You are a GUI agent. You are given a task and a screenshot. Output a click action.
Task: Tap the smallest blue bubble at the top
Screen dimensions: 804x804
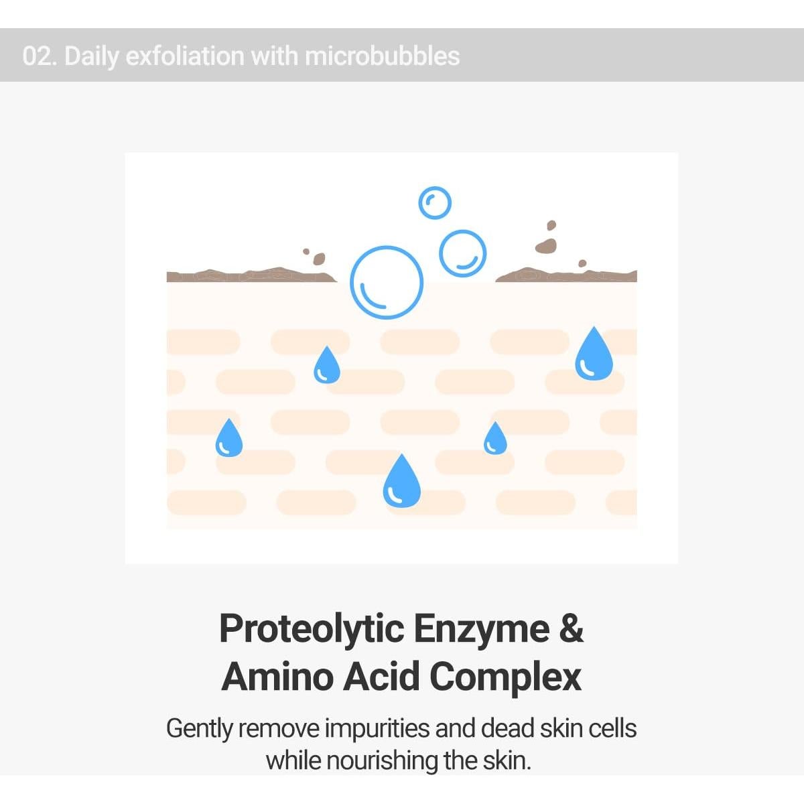tap(419, 203)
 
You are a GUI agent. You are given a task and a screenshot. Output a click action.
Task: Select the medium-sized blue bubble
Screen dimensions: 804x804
tap(441, 254)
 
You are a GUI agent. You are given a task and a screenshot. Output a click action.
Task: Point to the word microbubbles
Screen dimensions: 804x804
tap(382, 56)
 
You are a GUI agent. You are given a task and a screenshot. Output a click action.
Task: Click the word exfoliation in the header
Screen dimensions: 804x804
tap(185, 56)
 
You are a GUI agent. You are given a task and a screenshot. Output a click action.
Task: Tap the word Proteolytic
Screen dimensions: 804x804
tap(312, 630)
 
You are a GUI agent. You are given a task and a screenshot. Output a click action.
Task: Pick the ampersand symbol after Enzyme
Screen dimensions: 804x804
tap(572, 628)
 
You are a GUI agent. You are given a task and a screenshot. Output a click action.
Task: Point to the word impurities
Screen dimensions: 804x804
tap(377, 730)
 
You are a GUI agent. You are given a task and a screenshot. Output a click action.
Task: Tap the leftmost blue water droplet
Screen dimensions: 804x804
tap(229, 438)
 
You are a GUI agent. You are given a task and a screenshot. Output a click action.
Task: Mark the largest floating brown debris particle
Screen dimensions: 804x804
tap(546, 246)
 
